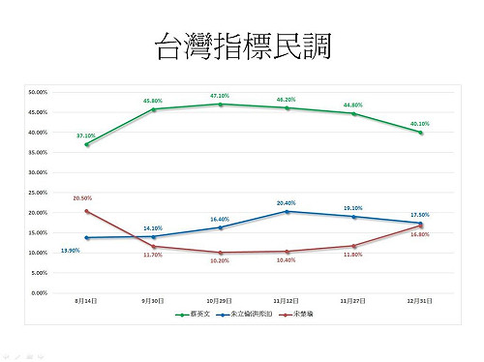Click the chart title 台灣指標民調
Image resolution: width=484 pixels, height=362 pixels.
pyautogui.click(x=242, y=45)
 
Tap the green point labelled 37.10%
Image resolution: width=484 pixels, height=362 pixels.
pyautogui.click(x=87, y=144)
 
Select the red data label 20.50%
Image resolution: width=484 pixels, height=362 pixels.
pyautogui.click(x=81, y=197)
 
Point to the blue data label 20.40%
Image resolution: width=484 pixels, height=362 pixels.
pyautogui.click(x=286, y=202)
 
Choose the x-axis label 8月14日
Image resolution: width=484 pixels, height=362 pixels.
pyautogui.click(x=86, y=301)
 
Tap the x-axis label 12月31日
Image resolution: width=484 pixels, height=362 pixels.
pyautogui.click(x=421, y=301)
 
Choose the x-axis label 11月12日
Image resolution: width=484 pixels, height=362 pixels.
pyautogui.click(x=286, y=301)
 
